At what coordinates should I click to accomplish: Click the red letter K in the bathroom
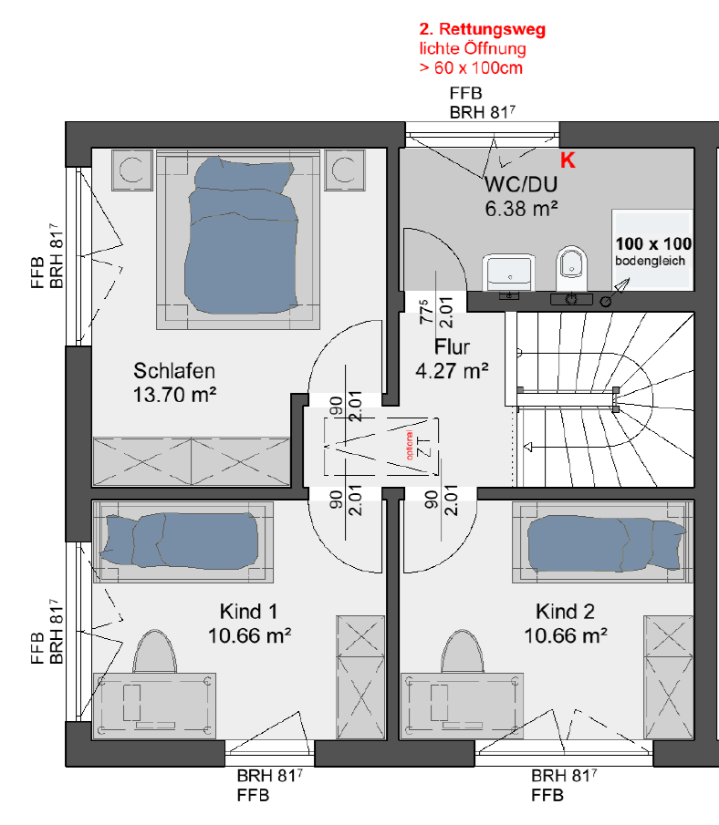point(568,160)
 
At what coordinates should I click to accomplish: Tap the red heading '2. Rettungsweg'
point(482,29)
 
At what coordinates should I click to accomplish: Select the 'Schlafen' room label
point(174,371)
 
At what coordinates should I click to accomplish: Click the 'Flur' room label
point(452,347)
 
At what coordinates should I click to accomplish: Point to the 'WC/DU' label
point(521,185)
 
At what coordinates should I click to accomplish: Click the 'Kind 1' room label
point(248,612)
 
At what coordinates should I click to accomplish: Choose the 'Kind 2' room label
point(565,612)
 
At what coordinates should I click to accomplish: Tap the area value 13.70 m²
point(174,395)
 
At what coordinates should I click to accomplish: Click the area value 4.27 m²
point(452,371)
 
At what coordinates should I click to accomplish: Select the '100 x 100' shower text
point(653,243)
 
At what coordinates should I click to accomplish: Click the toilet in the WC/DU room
point(571,268)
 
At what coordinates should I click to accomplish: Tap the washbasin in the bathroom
point(509,272)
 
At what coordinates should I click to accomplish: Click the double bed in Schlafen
point(238,240)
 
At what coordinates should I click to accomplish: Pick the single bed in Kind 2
point(602,541)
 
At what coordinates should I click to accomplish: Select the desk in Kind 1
point(154,706)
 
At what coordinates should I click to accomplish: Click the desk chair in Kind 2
point(462,652)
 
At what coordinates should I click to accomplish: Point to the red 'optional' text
point(410,445)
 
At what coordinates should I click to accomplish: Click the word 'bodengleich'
point(650,261)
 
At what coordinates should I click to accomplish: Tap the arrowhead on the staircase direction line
point(528,448)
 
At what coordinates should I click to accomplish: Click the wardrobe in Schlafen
point(192,461)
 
